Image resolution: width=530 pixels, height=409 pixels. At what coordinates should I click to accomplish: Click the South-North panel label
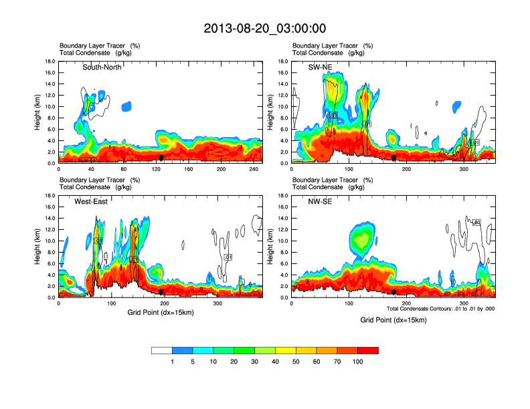pyautogui.click(x=102, y=67)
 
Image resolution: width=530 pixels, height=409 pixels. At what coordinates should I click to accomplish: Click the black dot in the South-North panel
pyautogui.click(x=161, y=158)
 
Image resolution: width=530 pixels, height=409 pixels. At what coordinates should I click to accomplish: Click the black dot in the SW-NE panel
pyautogui.click(x=394, y=158)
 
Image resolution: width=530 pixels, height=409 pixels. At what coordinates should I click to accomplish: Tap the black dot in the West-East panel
pyautogui.click(x=161, y=292)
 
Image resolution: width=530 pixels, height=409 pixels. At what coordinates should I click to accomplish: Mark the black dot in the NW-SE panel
pyautogui.click(x=394, y=292)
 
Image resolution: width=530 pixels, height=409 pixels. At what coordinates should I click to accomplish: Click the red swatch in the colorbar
pyautogui.click(x=368, y=350)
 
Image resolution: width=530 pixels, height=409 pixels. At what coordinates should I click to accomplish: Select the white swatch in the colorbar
pyautogui.click(x=162, y=350)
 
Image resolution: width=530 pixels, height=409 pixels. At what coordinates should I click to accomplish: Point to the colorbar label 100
pyautogui.click(x=358, y=362)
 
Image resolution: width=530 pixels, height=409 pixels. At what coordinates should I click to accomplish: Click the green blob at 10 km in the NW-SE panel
pyautogui.click(x=362, y=238)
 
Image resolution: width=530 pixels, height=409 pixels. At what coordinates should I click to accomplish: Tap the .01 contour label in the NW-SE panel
pyautogui.click(x=476, y=222)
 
